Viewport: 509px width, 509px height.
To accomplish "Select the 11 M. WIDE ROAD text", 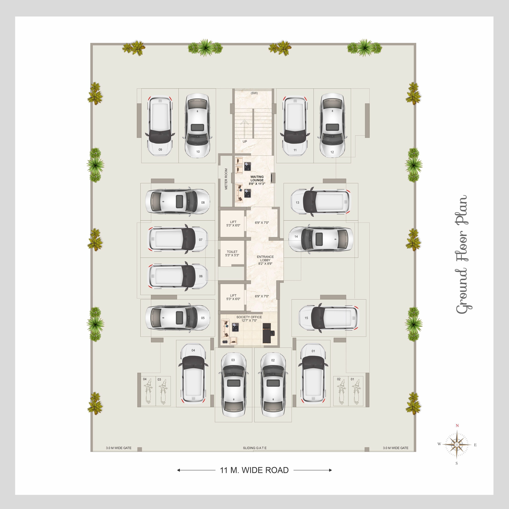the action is (x=254, y=470).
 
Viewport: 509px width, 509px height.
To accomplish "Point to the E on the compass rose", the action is (x=475, y=445).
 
